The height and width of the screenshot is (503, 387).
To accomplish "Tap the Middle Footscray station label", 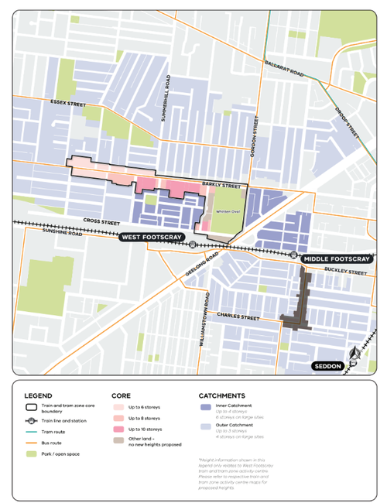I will tap(336, 258).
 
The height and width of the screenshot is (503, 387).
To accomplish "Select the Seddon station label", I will tap(327, 365).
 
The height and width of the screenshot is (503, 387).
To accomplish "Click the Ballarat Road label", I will tap(284, 69).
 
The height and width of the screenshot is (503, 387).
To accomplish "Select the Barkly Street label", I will tap(217, 185).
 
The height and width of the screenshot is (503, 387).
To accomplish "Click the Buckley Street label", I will tap(346, 271).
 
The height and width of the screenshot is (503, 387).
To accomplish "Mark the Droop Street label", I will tap(348, 125).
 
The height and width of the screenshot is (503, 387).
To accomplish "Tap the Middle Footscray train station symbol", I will tap(294, 253).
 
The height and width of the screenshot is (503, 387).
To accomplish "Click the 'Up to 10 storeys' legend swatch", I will tap(119, 428).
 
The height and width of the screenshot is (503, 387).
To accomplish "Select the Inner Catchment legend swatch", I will tap(206, 406).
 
